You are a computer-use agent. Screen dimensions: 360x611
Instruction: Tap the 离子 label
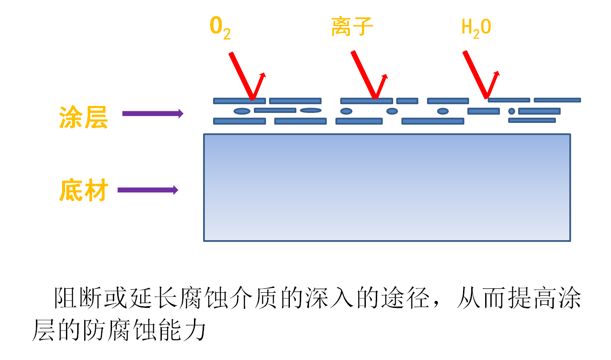pos(351,27)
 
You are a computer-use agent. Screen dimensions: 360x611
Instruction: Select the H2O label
pos(476,28)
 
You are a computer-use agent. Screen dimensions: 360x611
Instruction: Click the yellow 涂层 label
pos(83,117)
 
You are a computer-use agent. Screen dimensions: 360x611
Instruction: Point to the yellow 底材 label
pos(83,190)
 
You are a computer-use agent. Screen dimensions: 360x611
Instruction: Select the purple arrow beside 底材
pos(148,190)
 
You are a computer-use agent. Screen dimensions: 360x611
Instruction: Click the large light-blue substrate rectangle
pos(387,187)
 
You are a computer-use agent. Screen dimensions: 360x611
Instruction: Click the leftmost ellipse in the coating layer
pos(242,111)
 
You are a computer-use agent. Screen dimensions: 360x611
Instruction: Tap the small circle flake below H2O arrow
pos(512,111)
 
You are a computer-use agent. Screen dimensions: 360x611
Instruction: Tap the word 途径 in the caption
pos(404,299)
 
